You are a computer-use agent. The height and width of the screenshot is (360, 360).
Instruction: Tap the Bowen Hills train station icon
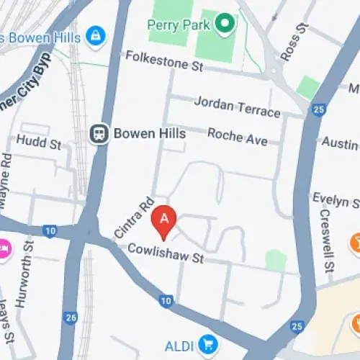99,133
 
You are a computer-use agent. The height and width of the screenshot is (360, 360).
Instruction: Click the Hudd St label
39,142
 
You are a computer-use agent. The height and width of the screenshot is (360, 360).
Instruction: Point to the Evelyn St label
336,199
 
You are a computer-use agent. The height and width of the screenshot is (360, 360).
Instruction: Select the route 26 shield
70,317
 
